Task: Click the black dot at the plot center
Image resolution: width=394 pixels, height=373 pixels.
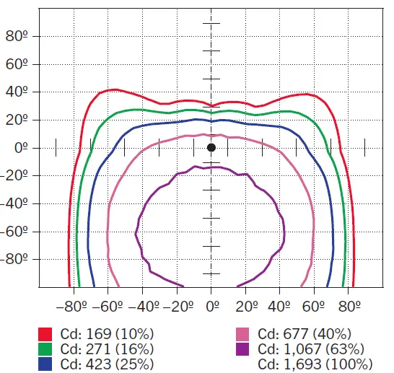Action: [211, 148]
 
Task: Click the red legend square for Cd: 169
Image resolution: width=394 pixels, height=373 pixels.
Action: [45, 334]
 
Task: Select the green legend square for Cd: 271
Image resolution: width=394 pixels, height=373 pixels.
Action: [45, 349]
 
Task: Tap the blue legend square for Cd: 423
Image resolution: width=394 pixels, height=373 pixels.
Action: [45, 364]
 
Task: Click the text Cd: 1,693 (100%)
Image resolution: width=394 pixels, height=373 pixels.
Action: [316, 364]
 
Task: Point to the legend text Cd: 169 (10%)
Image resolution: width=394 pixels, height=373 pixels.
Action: [108, 334]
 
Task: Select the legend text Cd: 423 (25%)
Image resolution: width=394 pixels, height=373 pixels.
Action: [108, 364]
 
